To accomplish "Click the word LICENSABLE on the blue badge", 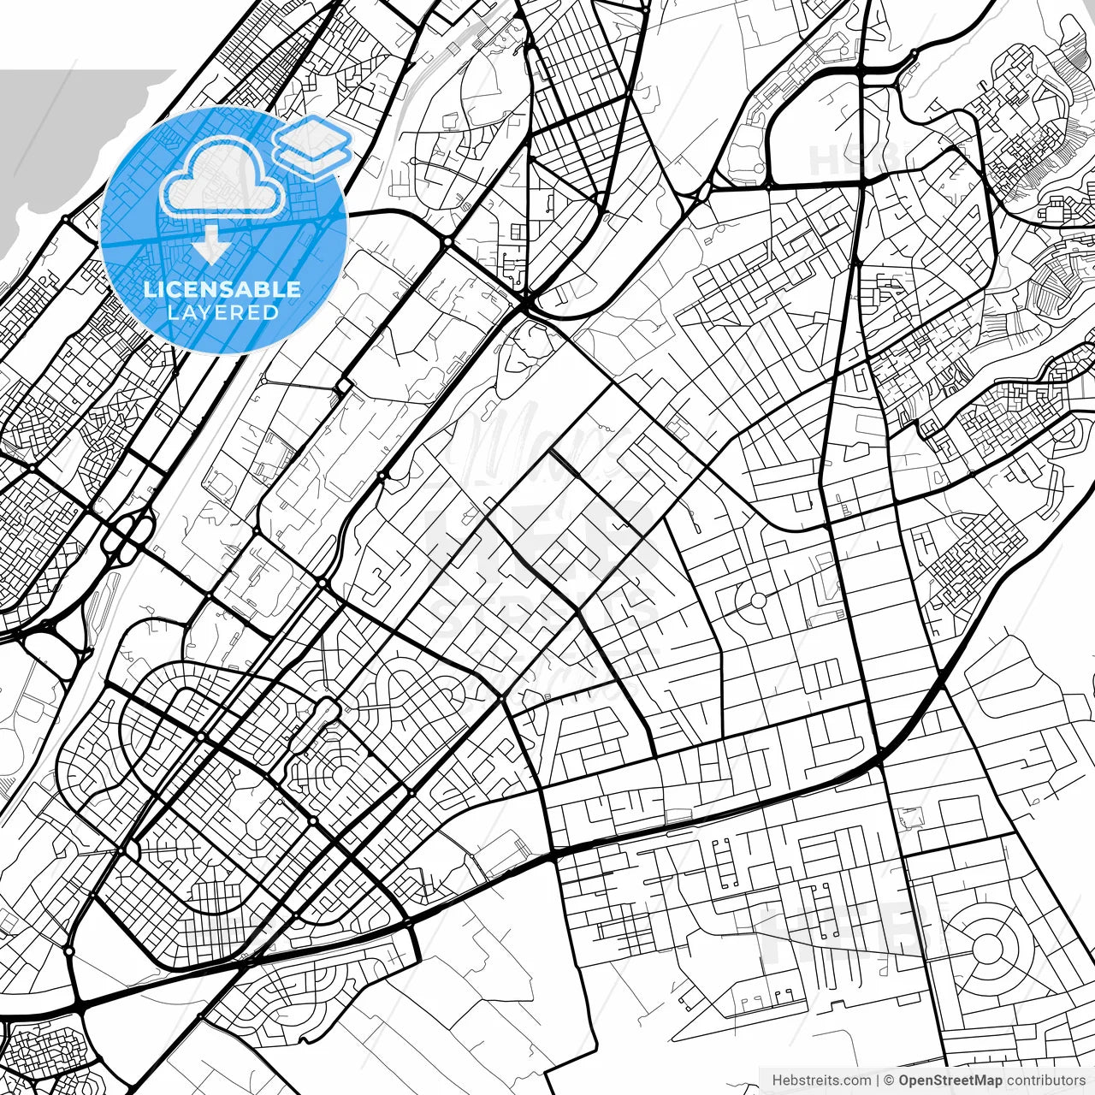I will click(222, 289).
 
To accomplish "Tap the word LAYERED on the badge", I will click(222, 312).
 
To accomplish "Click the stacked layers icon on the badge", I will click(314, 145).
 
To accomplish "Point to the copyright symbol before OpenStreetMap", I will click(890, 1080).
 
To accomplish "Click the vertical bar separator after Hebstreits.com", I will click(879, 1080).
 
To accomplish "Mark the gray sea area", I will click(51, 145).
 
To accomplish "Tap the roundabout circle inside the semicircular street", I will click(757, 600).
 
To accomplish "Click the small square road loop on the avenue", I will click(342, 388).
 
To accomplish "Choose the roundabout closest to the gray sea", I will click(66, 220).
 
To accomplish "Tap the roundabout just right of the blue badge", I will click(447, 242).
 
